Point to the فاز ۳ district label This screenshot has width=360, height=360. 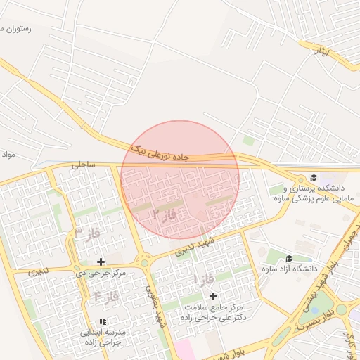click(x=87, y=233)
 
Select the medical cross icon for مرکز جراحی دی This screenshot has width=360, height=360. click(x=101, y=262)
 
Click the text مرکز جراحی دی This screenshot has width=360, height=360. click(x=101, y=272)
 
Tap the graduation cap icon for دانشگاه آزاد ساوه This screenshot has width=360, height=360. click(x=289, y=258)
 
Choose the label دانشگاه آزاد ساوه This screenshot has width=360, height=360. click(x=289, y=269)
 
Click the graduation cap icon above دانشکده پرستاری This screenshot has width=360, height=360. click(x=313, y=177)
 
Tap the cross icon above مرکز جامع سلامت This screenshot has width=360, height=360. click(x=213, y=296)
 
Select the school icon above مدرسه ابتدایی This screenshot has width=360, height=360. click(x=103, y=321)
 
